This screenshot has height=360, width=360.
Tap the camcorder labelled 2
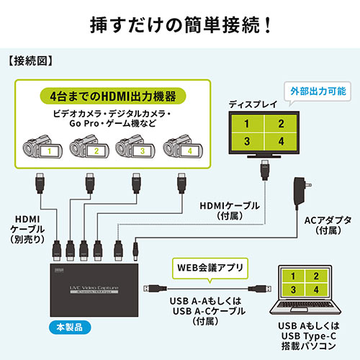tap(88, 150)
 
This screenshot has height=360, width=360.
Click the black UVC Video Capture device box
tap(94, 288)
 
